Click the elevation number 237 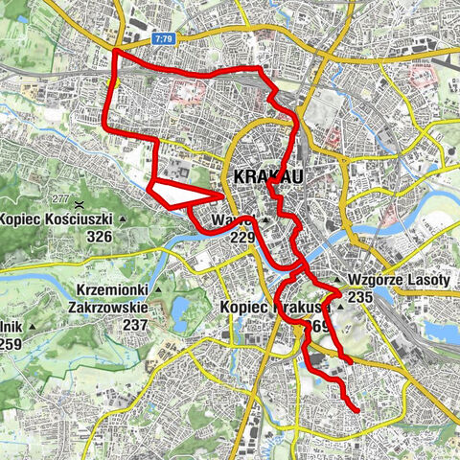(134, 325)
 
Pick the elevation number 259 (12, 344)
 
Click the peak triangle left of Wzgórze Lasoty (336, 281)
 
